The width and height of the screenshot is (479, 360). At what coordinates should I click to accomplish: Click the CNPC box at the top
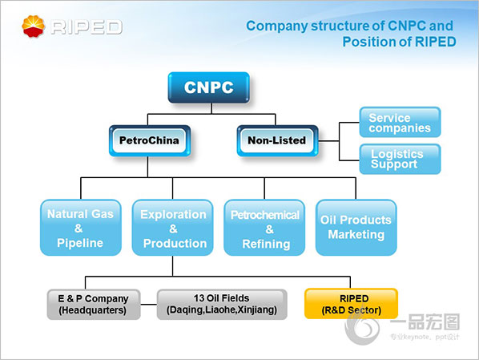click(208, 87)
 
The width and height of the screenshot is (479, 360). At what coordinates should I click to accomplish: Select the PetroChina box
click(150, 140)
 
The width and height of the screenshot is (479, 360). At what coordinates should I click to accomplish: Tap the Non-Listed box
click(277, 140)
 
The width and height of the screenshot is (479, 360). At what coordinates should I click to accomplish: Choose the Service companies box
click(400, 122)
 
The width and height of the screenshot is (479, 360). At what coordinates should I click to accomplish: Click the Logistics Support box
click(400, 159)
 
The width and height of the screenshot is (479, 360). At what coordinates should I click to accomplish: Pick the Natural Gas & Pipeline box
click(81, 228)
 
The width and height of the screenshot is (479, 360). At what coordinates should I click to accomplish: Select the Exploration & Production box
click(172, 228)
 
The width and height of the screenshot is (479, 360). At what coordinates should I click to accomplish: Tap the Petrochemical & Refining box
click(264, 228)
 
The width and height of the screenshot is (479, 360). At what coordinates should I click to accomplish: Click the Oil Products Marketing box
click(356, 228)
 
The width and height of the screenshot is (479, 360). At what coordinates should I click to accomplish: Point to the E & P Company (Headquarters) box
click(94, 305)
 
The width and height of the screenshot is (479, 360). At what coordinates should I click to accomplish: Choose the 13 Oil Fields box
click(222, 305)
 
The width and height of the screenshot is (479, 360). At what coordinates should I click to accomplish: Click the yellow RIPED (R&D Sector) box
click(352, 304)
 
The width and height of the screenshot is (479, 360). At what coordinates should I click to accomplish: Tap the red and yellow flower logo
click(34, 26)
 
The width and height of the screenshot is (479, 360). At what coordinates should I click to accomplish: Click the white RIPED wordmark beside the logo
click(87, 27)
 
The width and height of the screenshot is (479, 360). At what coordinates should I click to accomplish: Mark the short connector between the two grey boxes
click(149, 305)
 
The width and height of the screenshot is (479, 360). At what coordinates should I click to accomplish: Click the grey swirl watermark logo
click(362, 328)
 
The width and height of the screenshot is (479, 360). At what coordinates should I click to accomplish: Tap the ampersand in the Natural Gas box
click(78, 229)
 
